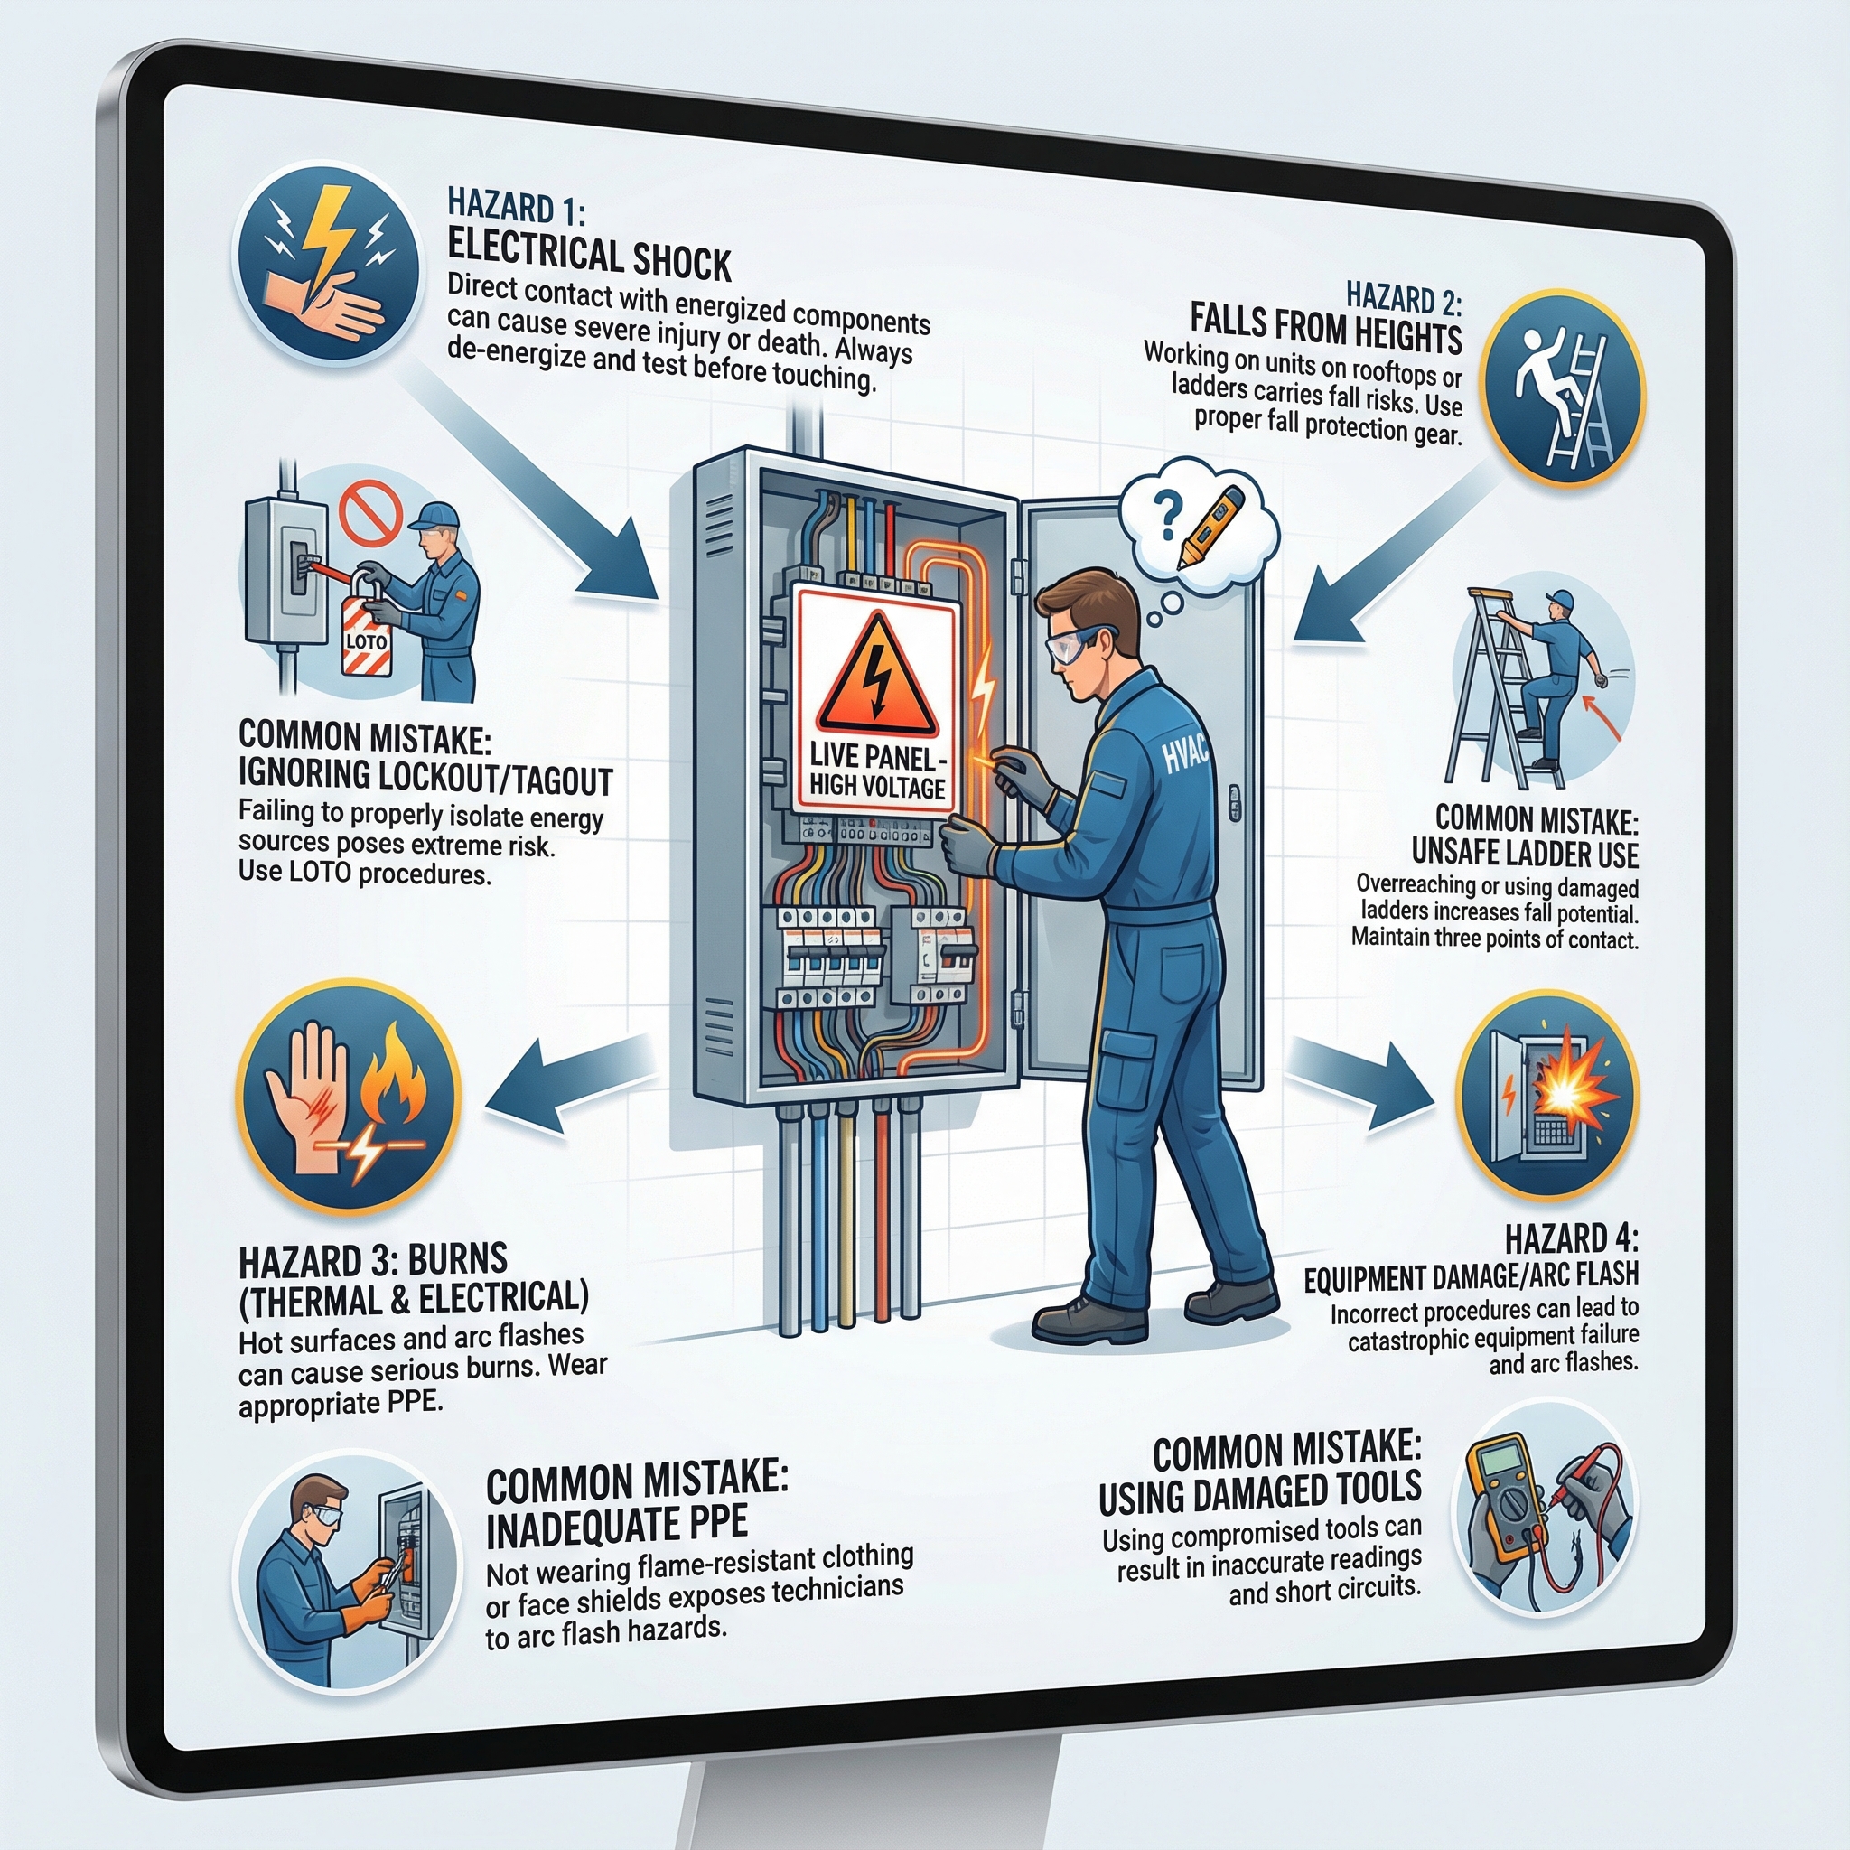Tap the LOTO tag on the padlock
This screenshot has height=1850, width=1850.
(366, 640)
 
